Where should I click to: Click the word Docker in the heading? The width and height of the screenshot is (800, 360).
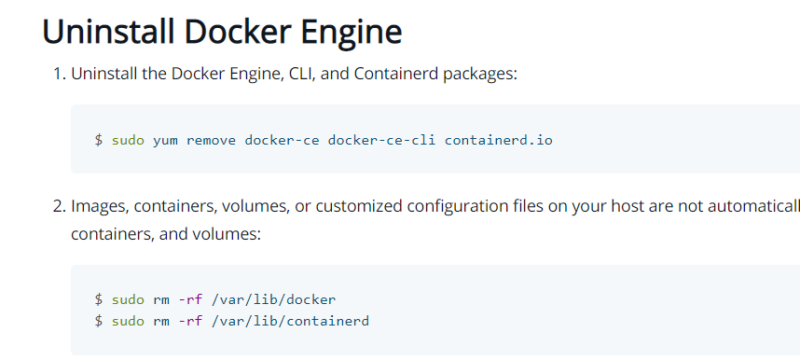click(x=233, y=32)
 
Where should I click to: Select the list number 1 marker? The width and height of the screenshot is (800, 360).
click(x=56, y=74)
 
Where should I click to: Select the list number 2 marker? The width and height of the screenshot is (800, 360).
click(x=56, y=205)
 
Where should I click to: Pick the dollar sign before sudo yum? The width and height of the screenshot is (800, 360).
click(x=98, y=140)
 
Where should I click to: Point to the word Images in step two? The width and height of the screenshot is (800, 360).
click(x=99, y=205)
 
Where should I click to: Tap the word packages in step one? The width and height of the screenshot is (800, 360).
click(x=476, y=74)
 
